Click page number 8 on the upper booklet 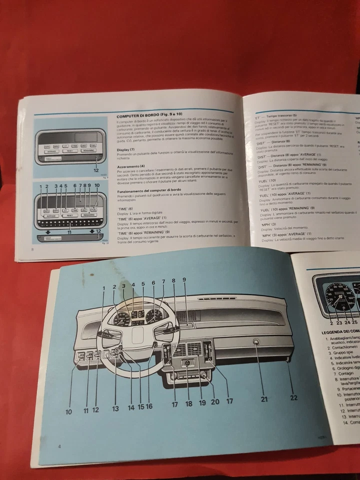(32, 249)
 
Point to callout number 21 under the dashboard (264, 399)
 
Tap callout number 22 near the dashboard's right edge (293, 397)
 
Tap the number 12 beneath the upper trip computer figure (95, 170)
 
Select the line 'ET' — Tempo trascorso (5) (276, 114)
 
